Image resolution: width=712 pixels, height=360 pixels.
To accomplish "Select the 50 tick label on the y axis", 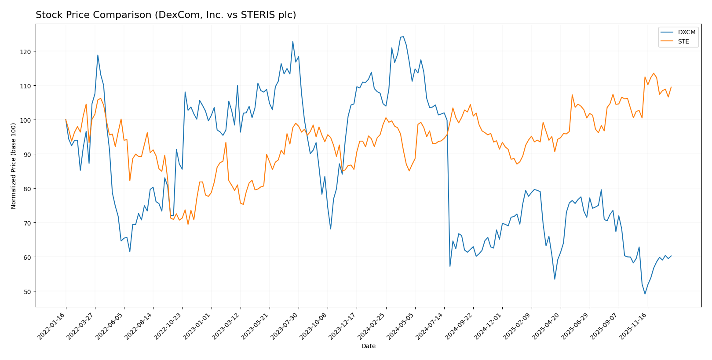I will click(28, 291).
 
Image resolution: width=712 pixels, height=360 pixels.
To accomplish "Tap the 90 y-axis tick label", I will click(28, 154).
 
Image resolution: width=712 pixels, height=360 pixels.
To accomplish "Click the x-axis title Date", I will click(368, 346).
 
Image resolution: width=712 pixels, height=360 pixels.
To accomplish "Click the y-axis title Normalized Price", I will click(14, 166).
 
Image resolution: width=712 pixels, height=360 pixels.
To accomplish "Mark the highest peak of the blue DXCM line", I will click(403, 36).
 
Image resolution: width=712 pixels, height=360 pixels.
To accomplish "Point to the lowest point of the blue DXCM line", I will click(645, 294).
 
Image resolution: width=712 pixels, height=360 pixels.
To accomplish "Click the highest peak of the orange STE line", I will click(654, 73).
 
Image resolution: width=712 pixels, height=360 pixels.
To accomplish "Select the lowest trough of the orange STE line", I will click(188, 224).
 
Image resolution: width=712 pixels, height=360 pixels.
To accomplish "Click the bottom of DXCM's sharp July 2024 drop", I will click(450, 266).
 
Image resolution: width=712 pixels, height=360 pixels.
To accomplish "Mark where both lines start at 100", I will click(66, 120).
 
